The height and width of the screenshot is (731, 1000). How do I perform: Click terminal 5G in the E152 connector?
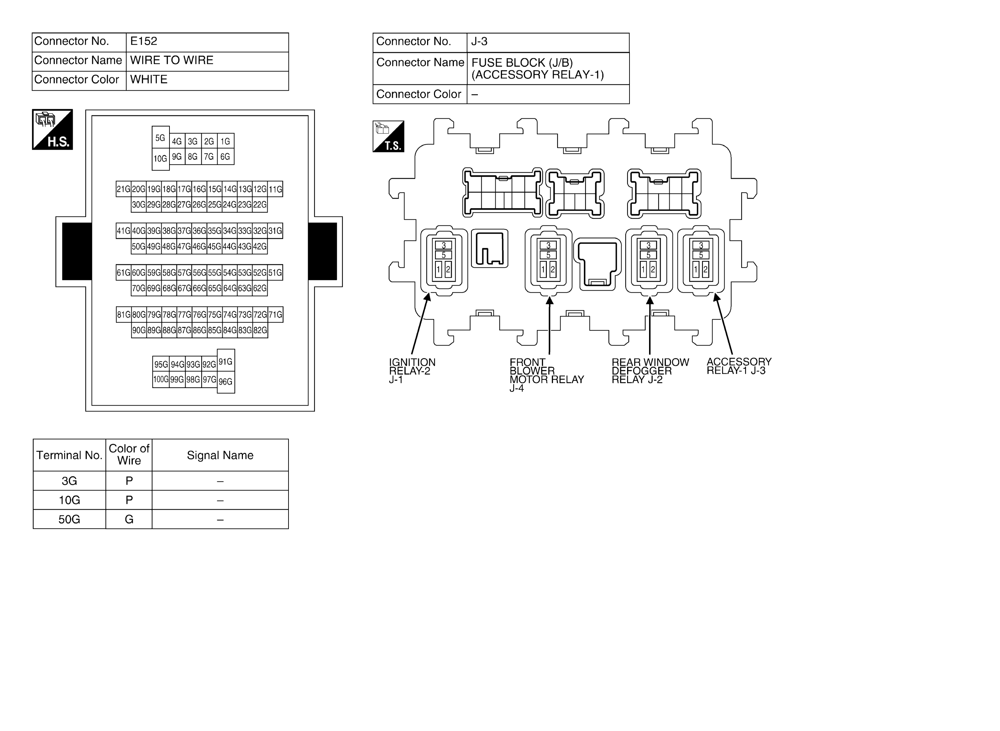tap(161, 138)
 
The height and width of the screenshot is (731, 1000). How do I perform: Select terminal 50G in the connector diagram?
tap(139, 246)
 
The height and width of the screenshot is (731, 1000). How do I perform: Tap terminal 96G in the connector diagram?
tap(226, 381)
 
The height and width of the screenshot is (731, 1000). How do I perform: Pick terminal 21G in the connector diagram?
tap(123, 189)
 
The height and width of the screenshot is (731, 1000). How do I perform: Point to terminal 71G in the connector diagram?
tap(275, 315)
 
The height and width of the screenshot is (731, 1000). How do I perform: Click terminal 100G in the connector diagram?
tap(161, 379)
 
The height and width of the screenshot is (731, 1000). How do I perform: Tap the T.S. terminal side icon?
tap(388, 136)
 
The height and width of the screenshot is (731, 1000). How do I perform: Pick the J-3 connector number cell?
tap(548, 43)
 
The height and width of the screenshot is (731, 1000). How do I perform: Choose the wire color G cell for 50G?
tap(129, 519)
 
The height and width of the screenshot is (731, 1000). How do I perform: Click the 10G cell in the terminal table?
tap(69, 500)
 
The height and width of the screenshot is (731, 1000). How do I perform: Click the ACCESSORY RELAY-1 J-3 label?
tap(739, 366)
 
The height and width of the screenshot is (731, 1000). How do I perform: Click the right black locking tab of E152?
tap(322, 251)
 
